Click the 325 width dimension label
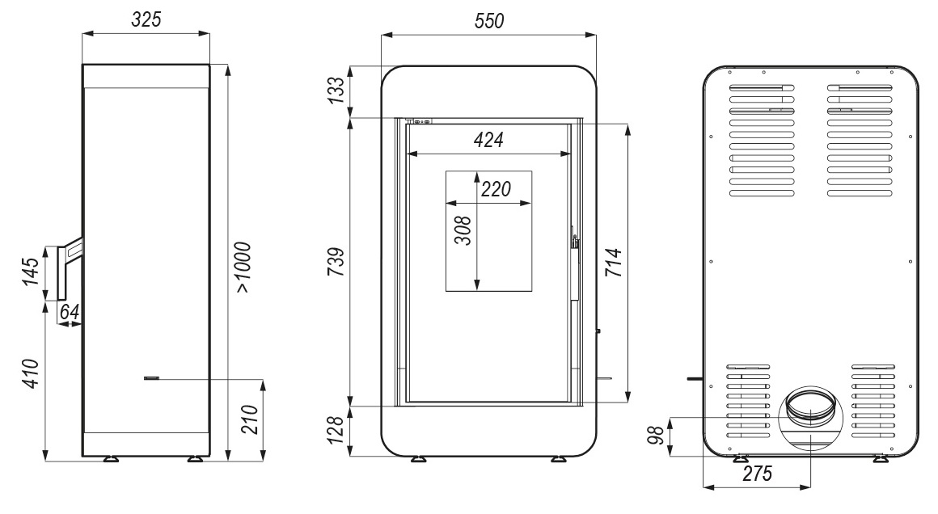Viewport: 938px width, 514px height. coord(146,19)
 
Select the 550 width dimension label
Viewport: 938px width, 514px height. coord(488,21)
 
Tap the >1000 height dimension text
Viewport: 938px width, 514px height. coord(243,268)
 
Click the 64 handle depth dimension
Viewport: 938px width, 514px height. coord(70,311)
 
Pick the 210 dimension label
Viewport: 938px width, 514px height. coord(249,419)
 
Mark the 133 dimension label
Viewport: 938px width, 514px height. coord(337,91)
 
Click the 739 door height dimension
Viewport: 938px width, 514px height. coord(337,261)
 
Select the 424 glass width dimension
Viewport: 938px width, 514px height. coord(488,140)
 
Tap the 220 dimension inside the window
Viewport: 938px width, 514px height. coord(496,189)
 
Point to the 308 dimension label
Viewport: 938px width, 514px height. coord(463,230)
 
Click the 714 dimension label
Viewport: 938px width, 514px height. coord(614,263)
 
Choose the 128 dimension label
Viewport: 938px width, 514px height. coord(337,430)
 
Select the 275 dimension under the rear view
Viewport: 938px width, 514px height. coord(758,474)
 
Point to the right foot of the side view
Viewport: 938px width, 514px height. coord(195,460)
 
